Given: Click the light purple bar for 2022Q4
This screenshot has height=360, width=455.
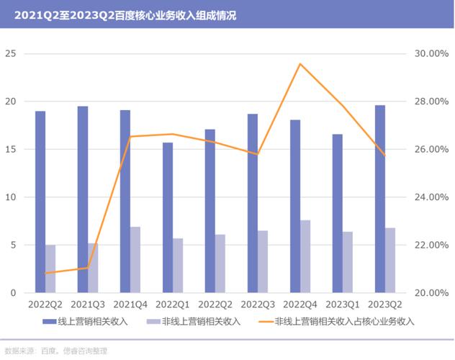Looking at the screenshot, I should tap(305, 256).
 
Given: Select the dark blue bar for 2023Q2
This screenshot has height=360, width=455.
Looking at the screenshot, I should tap(380, 199).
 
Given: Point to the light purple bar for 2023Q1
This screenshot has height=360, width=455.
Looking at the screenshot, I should tap(348, 262).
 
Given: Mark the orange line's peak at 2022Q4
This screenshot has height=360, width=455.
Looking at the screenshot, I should tap(300, 64).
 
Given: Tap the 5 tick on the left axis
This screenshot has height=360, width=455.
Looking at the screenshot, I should tap(12, 245).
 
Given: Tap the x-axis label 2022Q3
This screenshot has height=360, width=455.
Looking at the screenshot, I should tap(258, 305).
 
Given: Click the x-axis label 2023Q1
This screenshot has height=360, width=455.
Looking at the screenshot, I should tap(343, 305).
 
